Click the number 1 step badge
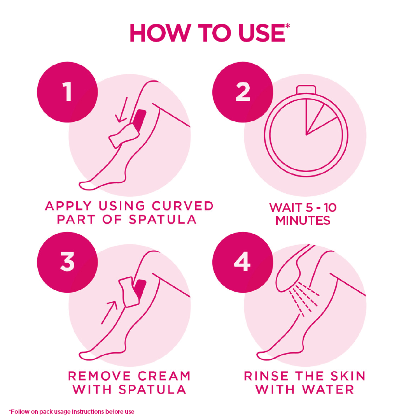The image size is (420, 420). [67, 92]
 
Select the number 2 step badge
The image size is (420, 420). [243, 92]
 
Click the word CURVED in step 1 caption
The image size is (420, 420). [183, 206]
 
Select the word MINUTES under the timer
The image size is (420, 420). [303, 220]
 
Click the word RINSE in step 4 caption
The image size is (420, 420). [266, 376]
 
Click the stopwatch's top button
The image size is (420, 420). [306, 90]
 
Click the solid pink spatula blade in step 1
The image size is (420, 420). [139, 118]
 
